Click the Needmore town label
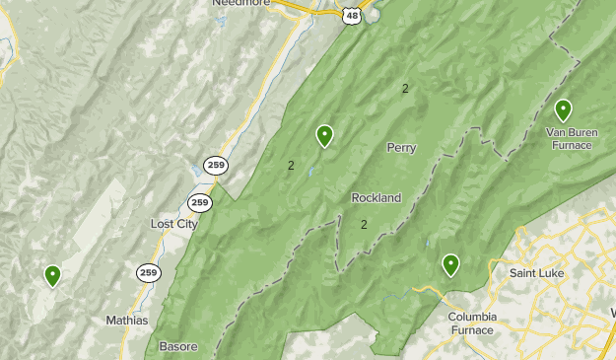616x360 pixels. (x=240, y=3)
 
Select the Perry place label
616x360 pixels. (x=401, y=148)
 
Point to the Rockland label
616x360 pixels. (x=376, y=197)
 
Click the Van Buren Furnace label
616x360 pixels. (x=571, y=138)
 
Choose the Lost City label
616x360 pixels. (x=173, y=224)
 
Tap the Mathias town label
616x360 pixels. (x=126, y=321)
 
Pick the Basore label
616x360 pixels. (x=178, y=346)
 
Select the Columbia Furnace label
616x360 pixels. (x=470, y=324)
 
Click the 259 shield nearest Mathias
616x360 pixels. (x=148, y=272)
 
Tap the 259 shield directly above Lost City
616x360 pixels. (x=200, y=202)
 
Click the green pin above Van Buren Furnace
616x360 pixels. (x=563, y=109)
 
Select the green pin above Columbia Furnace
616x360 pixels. (x=450, y=263)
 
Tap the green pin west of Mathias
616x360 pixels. (x=52, y=275)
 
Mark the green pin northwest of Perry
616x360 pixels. (x=324, y=135)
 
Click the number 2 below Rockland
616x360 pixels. (x=364, y=224)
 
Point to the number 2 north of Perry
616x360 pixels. (x=405, y=89)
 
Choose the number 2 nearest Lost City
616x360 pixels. (x=291, y=165)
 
